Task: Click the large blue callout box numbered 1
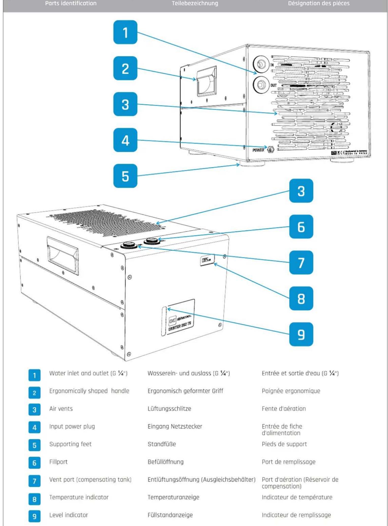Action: coord(125,32)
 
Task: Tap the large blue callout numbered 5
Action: coord(125,176)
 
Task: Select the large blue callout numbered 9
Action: coord(301,334)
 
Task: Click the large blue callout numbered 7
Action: coord(301,262)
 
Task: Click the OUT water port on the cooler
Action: coord(261,85)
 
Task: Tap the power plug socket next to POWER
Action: coord(271,149)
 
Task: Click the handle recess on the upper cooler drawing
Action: coord(206,81)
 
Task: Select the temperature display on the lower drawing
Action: coord(207,260)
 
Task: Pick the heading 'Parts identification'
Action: coord(71,3)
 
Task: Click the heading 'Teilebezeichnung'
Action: coord(195,3)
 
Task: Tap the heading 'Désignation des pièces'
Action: coord(319,3)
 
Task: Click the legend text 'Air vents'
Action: coord(61,409)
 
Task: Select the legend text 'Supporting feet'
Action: coord(70,444)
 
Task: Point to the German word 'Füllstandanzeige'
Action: coord(170,515)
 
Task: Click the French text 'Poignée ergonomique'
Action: coord(291,391)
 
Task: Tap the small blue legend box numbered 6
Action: coord(34,463)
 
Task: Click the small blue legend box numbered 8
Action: coord(34,499)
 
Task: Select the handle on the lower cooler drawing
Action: coord(63,255)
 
